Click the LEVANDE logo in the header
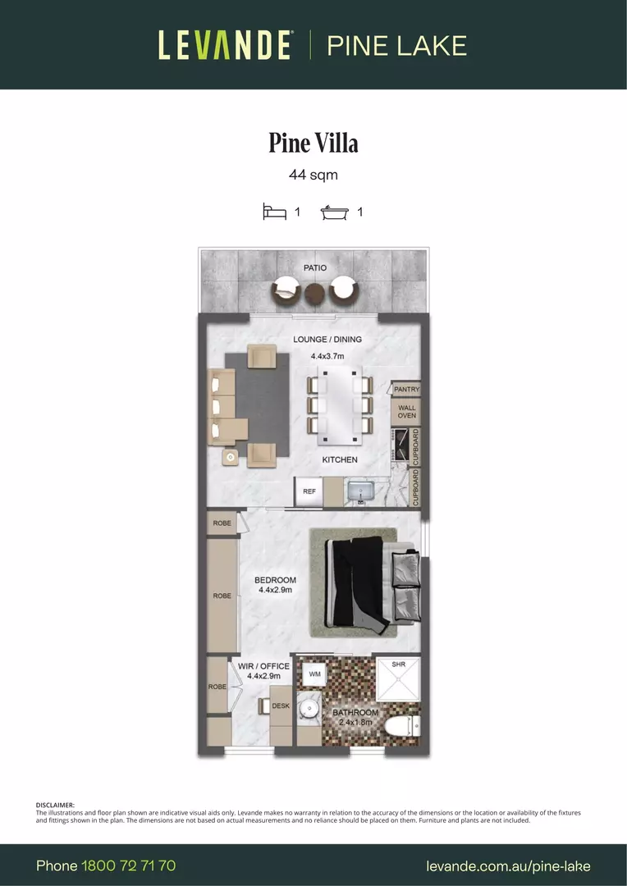click(224, 44)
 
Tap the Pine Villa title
click(313, 143)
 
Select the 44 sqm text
click(313, 175)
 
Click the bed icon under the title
click(274, 212)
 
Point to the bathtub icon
click(334, 212)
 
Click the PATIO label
click(314, 267)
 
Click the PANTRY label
click(406, 389)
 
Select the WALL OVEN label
click(407, 411)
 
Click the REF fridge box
click(309, 491)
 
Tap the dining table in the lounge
click(340, 402)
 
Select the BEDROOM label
click(275, 580)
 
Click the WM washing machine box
click(314, 674)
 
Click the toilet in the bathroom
click(405, 724)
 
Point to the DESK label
click(280, 706)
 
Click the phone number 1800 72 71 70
click(129, 865)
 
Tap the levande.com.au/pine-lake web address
click(508, 865)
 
